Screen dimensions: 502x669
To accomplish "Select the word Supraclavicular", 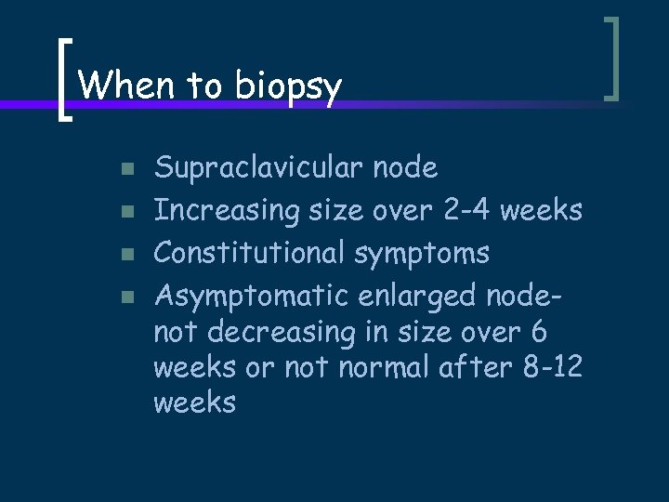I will coord(257,169).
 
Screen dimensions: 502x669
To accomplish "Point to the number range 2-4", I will coord(463,210).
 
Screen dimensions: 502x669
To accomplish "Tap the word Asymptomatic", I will coord(240,296).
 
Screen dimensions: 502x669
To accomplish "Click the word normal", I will coord(388,367).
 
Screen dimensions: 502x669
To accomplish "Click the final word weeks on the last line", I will coord(194,403).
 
